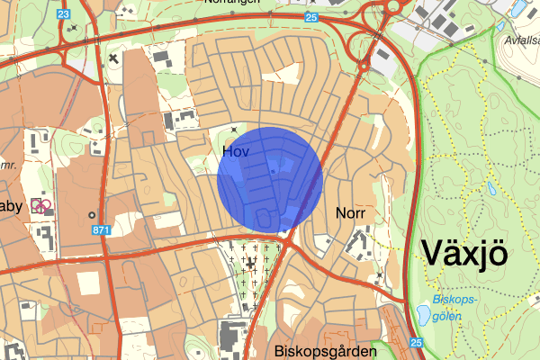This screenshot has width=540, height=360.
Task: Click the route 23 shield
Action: (x=62, y=14)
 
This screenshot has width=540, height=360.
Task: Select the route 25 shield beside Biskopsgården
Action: (x=416, y=343)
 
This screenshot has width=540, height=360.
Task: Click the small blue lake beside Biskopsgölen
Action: (x=422, y=315)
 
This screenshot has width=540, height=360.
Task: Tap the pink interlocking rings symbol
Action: (x=40, y=206)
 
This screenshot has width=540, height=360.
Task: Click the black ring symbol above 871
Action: (x=92, y=215)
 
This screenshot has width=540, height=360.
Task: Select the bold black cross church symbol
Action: (x=112, y=58)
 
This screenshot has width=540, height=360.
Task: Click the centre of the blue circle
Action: (x=270, y=180)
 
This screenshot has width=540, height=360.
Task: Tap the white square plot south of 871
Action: (x=88, y=283)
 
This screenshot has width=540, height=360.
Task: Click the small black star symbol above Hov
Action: (x=235, y=131)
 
